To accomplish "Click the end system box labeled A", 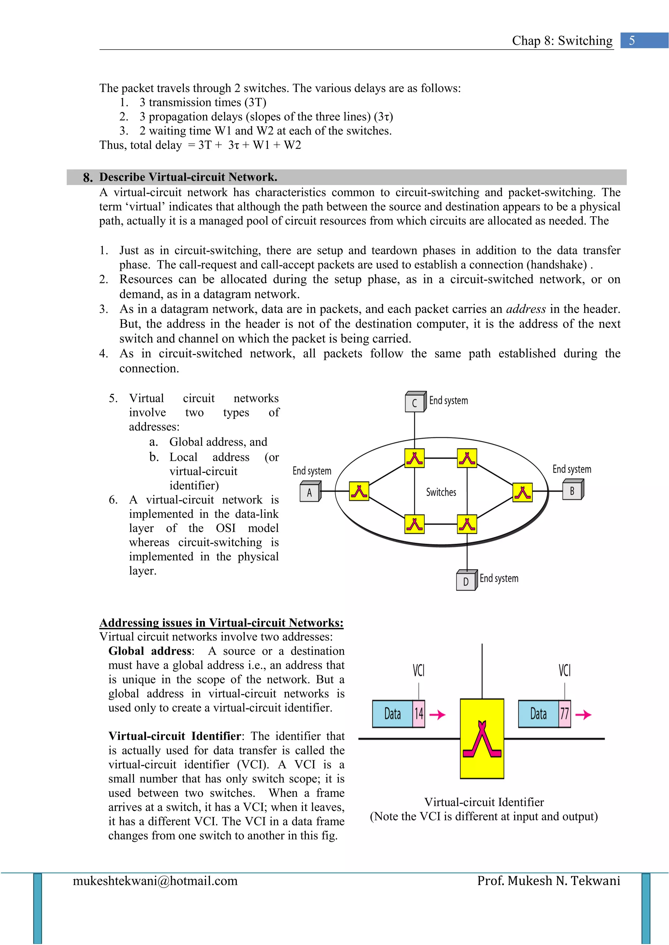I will [x=309, y=492].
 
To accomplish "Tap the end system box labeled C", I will [x=415, y=403].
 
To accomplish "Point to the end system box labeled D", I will [x=466, y=581].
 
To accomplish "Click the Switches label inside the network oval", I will [x=441, y=492].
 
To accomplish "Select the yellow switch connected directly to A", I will [x=359, y=491].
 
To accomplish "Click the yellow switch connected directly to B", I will [x=522, y=492].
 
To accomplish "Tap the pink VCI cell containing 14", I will [x=419, y=714].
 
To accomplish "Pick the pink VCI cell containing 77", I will [x=564, y=714].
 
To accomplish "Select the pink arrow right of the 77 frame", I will [x=583, y=715].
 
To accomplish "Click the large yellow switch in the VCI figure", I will [x=481, y=738].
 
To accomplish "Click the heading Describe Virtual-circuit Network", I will [x=188, y=177].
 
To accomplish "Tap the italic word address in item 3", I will [x=526, y=309].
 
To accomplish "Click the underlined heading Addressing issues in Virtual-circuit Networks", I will [x=221, y=622].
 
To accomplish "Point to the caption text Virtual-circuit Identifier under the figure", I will [x=484, y=802].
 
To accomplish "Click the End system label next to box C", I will [x=448, y=400].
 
